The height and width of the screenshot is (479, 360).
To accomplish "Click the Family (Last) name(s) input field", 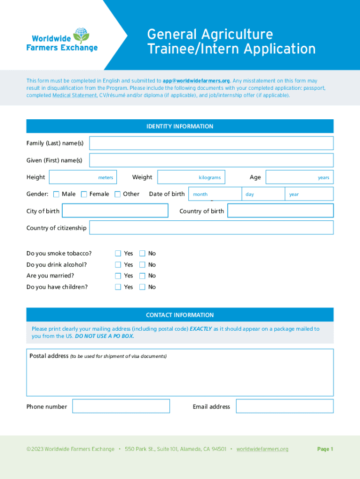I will (x=211, y=143).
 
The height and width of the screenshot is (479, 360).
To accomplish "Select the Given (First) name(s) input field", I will (x=211, y=160).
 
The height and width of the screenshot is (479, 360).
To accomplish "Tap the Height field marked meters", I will (x=83, y=177).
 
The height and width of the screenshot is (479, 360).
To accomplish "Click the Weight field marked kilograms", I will (x=191, y=177).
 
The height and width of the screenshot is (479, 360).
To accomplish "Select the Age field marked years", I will (x=299, y=177).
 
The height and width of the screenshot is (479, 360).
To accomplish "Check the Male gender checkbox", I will (x=56, y=194).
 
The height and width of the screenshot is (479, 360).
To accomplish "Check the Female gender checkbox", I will (x=84, y=194).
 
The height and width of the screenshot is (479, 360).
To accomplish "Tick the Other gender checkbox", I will (x=118, y=194).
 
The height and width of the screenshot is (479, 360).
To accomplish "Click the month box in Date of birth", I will (x=215, y=194).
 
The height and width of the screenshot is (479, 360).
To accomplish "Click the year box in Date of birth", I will (x=309, y=194).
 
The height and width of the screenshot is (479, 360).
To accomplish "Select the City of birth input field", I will (x=115, y=211).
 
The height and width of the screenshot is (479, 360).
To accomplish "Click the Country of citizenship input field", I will (x=211, y=228).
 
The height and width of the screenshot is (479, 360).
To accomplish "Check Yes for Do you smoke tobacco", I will (x=118, y=254).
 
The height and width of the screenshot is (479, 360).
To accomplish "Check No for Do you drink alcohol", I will (x=142, y=265).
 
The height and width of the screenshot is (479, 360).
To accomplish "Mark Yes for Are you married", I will (x=118, y=276).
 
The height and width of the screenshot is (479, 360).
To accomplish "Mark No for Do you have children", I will (x=142, y=287).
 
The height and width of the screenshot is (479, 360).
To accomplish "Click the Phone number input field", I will (x=121, y=406).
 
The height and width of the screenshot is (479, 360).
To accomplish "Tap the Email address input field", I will (x=285, y=406).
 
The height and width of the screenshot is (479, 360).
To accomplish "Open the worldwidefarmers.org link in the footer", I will (x=262, y=449).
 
